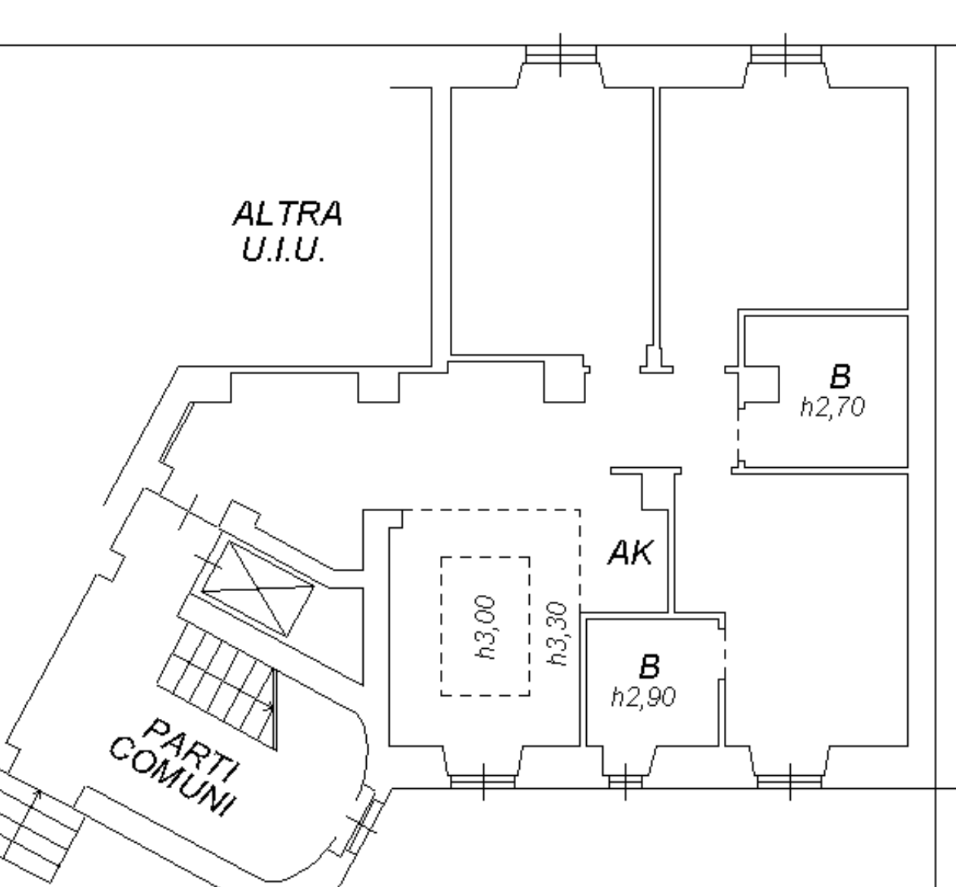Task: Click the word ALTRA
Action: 287,214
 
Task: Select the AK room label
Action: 630,553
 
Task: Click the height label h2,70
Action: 832,408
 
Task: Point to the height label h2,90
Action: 643,697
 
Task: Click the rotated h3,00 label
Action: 485,626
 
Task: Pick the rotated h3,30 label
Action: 559,633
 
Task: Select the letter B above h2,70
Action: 840,377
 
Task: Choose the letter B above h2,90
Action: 648,667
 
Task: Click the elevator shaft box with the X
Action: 257,588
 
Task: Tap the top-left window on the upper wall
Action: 561,56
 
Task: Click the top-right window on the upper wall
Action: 786,56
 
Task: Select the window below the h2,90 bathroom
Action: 625,780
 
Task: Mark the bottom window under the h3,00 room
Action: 483,780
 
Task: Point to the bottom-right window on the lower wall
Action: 789,780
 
